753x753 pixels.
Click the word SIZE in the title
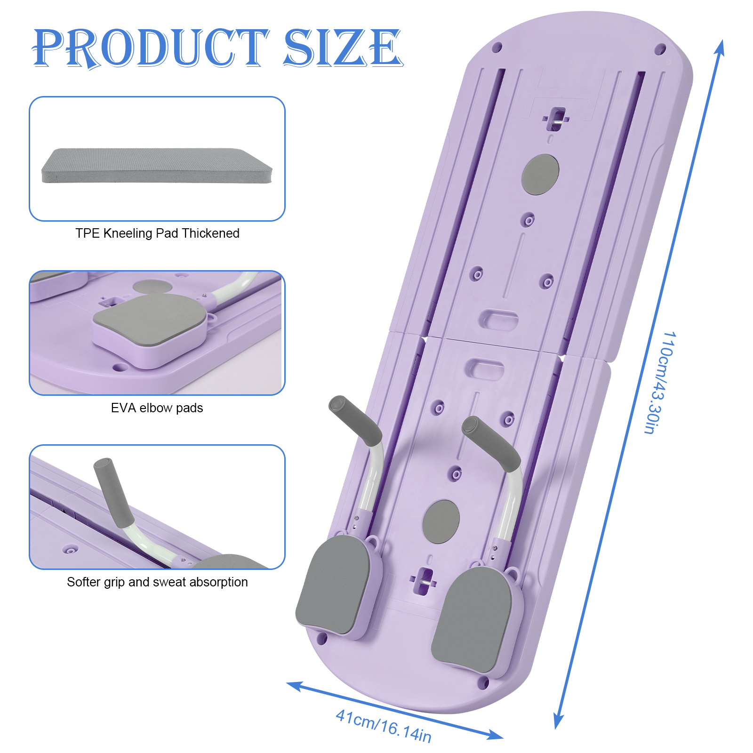(x=343, y=48)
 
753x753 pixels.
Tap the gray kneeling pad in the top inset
(x=157, y=166)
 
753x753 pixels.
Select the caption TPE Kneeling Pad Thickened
(x=157, y=233)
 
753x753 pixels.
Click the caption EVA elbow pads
(x=157, y=408)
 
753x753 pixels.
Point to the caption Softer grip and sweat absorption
(x=157, y=582)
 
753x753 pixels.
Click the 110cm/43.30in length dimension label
(x=660, y=382)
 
